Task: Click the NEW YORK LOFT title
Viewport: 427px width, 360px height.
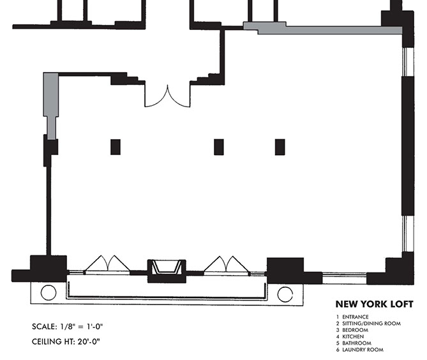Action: pyautogui.click(x=374, y=304)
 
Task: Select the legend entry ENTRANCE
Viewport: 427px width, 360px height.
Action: pyautogui.click(x=355, y=317)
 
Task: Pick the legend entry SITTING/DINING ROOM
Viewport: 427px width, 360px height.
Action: pyautogui.click(x=371, y=324)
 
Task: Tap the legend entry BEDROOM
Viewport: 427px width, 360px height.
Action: pyautogui.click(x=355, y=330)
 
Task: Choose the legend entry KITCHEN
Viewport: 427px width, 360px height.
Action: pyautogui.click(x=353, y=336)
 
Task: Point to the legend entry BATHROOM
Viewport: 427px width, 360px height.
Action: pyautogui.click(x=357, y=343)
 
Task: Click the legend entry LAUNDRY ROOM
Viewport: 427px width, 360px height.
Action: pyautogui.click(x=363, y=350)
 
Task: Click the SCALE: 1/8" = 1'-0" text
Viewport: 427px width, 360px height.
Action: pyautogui.click(x=67, y=327)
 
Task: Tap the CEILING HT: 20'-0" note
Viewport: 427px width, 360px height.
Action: pyautogui.click(x=66, y=341)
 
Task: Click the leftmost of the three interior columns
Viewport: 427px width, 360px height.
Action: pyautogui.click(x=116, y=147)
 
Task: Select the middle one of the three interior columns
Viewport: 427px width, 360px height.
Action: pyautogui.click(x=219, y=147)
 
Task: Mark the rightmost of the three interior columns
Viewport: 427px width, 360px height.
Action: pyautogui.click(x=280, y=147)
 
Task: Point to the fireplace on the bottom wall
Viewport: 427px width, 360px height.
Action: pyautogui.click(x=167, y=271)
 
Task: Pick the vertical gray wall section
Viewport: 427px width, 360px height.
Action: pyautogui.click(x=51, y=106)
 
